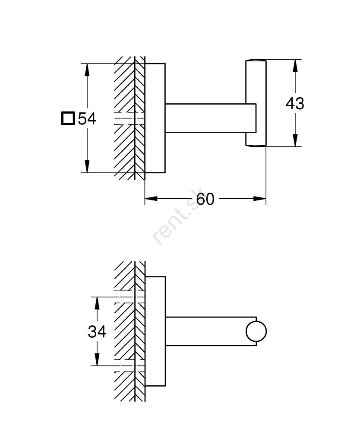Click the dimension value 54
(x=87, y=118)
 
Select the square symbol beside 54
(x=68, y=118)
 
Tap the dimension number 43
(x=295, y=104)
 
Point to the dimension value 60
(x=205, y=199)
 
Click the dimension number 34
(x=97, y=332)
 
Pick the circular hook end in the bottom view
(x=256, y=332)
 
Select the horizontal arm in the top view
(x=205, y=118)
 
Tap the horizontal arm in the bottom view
(x=205, y=331)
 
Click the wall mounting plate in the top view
(x=155, y=118)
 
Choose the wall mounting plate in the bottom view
(x=155, y=331)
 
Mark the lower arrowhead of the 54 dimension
(x=87, y=167)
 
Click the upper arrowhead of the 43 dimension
(x=295, y=65)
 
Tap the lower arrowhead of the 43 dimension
(x=295, y=140)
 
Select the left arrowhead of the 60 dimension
(x=151, y=199)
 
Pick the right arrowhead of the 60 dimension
(x=259, y=199)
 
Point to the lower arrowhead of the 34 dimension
(x=97, y=360)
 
